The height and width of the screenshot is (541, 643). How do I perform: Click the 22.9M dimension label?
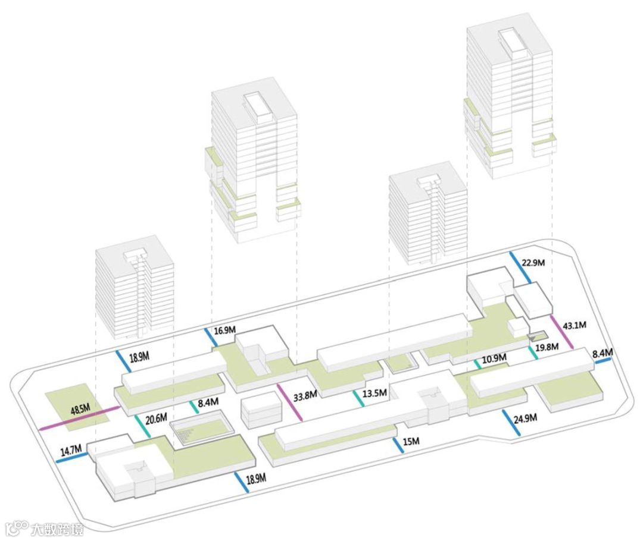pos(533,263)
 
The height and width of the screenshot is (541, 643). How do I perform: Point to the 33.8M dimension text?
pos(305,394)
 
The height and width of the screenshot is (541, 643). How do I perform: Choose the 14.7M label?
pos(70,450)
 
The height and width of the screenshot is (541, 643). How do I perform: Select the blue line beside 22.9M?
pos(520,267)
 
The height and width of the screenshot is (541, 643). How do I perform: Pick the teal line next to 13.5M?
pos(358,398)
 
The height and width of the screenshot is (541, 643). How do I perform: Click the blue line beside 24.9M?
pos(511,423)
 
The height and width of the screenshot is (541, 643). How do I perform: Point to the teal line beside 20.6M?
pos(142,424)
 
